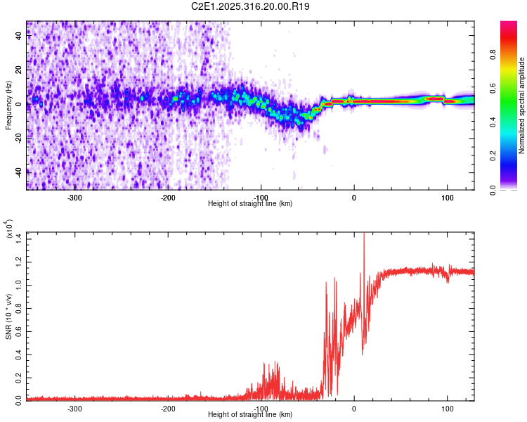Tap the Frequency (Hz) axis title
tap(8, 105)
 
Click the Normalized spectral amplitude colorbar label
tap(522, 105)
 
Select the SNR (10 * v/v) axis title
tap(8, 316)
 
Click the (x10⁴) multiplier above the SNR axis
tap(8, 230)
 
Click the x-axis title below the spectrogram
tap(251, 204)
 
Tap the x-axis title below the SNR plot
tap(251, 414)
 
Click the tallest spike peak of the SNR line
tap(364, 234)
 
